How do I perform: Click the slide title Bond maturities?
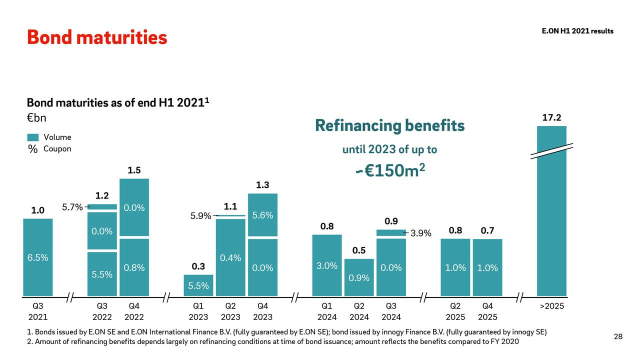point(96,37)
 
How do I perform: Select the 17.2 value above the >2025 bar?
point(551,118)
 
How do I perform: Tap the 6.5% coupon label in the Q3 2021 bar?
point(37,258)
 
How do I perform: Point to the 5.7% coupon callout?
point(72,207)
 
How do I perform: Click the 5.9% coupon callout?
point(201,216)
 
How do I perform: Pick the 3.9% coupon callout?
point(420,233)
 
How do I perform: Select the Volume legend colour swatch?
point(33,137)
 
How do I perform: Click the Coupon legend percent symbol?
point(33,149)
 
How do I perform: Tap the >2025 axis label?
point(552,306)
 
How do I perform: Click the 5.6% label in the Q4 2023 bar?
point(262,215)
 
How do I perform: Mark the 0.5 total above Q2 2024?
point(358,250)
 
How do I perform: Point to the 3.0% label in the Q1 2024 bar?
point(326,266)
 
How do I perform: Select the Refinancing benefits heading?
point(389,125)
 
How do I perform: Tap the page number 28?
point(618,336)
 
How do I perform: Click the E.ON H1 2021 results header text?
point(577,31)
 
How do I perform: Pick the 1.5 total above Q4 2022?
point(134,170)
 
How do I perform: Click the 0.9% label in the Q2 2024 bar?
point(358,278)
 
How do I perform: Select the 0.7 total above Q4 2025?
point(487,230)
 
